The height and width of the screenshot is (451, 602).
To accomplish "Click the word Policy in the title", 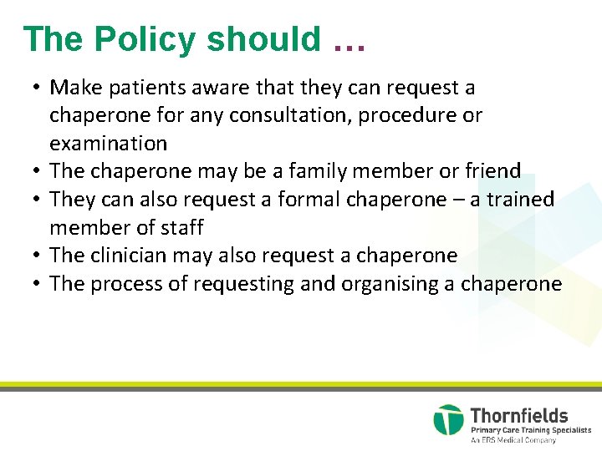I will (x=145, y=39).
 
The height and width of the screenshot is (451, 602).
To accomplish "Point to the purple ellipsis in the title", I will (x=349, y=42).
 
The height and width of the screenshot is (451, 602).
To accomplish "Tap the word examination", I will (x=109, y=144).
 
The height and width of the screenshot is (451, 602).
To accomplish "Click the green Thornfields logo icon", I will (x=448, y=420).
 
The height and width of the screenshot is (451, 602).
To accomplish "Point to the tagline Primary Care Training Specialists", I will (x=530, y=430).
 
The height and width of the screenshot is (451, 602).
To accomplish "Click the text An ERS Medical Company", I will (x=513, y=440).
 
